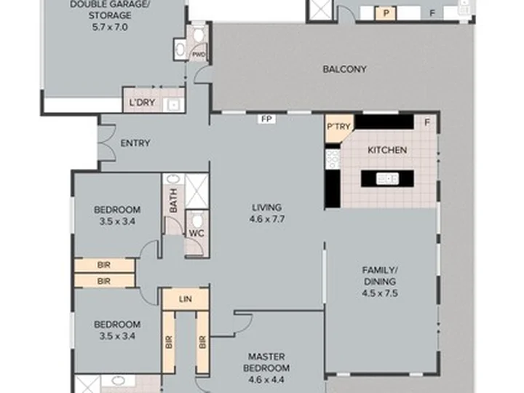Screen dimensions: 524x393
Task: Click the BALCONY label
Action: pyautogui.click(x=344, y=69)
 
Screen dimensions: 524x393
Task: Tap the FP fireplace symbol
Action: pyautogui.click(x=266, y=119)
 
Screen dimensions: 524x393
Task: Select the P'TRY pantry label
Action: pyautogui.click(x=338, y=127)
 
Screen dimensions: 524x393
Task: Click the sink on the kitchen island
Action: pyautogui.click(x=387, y=178)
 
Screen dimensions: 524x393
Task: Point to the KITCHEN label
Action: pyautogui.click(x=387, y=150)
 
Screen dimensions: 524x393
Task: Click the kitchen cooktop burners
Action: pyautogui.click(x=333, y=159)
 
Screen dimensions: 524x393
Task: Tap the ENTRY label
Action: pyautogui.click(x=135, y=143)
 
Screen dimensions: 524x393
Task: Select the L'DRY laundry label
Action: pyautogui.click(x=142, y=103)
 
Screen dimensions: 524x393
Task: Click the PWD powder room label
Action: pyautogui.click(x=199, y=55)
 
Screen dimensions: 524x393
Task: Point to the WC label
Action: pyautogui.click(x=196, y=233)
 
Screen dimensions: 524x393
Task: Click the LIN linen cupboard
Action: pyautogui.click(x=186, y=299)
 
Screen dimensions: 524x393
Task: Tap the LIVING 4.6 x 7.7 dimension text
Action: pyautogui.click(x=267, y=219)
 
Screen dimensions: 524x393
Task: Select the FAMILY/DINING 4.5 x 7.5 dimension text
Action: pyautogui.click(x=380, y=293)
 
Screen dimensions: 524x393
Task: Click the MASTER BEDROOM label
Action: pyautogui.click(x=266, y=362)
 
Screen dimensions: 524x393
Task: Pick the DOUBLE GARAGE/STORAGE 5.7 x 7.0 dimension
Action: pyautogui.click(x=110, y=27)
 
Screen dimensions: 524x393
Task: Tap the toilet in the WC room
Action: pyautogui.click(x=197, y=221)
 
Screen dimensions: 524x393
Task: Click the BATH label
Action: pyautogui.click(x=173, y=201)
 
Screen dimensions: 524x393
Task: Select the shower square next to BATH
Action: pyautogui.click(x=196, y=191)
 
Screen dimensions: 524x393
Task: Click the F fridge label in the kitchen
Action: pyautogui.click(x=427, y=123)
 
